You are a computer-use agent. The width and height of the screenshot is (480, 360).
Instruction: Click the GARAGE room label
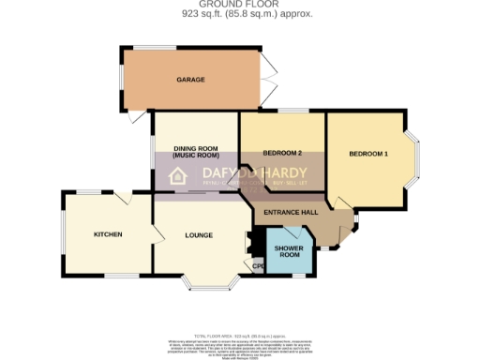[x=190, y=80]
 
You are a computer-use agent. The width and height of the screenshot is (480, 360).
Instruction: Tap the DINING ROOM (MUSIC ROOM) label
[x=195, y=154]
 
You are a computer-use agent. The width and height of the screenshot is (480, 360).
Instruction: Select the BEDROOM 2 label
[x=281, y=153]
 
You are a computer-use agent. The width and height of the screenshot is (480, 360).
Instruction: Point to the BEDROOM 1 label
[x=367, y=153]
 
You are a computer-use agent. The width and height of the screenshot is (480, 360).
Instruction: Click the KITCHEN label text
[x=107, y=233]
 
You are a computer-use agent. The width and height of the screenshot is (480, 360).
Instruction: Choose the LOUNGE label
[x=198, y=234]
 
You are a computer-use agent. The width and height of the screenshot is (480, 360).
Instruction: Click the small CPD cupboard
[x=258, y=266]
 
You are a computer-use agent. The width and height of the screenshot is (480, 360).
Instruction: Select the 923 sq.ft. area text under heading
[x=239, y=15]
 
